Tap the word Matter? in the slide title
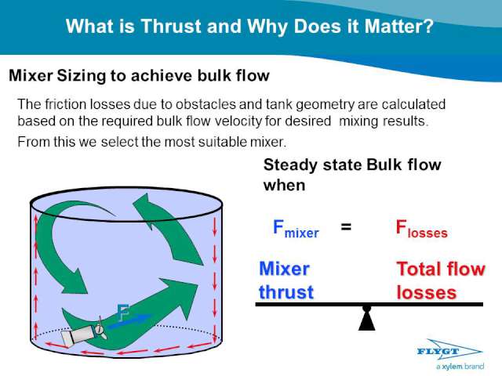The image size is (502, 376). pos(399,26)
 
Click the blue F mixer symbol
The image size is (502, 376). pos(296,229)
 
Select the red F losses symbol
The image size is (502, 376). pos(421,229)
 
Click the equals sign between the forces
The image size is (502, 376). pos(346,227)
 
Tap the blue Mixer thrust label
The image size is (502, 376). pos(286,280)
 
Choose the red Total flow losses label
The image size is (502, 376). pos(441,280)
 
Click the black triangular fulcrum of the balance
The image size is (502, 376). pos(367,319)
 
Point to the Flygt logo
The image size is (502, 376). pos(449,351)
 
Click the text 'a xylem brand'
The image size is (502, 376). pos(460,367)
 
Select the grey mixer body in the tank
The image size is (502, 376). pos(78,336)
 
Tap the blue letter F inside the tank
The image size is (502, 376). pos(123,313)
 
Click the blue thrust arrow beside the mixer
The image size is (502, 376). pos(129,321)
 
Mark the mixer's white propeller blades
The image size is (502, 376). pos(101,328)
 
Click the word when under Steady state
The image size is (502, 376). pos(284,186)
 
